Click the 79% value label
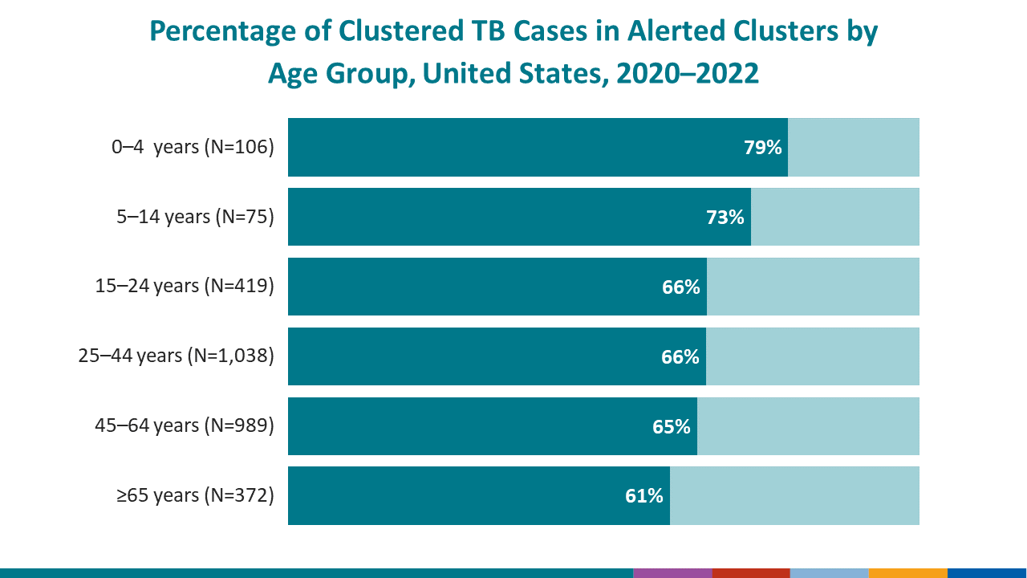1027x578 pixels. [762, 148]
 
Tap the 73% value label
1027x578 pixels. [725, 217]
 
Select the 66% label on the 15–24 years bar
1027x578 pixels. [681, 287]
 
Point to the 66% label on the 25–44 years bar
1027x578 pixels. [680, 356]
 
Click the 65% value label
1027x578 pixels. [672, 426]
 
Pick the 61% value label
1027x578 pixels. [644, 496]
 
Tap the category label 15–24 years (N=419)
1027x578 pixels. [185, 287]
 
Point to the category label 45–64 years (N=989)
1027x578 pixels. [185, 426]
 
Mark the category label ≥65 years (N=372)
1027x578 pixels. [195, 496]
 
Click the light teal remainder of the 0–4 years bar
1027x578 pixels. [853, 147]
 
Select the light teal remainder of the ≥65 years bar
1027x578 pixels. [794, 496]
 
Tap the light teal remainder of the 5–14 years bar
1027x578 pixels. [834, 217]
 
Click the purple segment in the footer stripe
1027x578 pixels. [672, 573]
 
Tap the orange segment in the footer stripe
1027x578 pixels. [907, 573]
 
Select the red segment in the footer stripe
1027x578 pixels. [750, 573]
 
